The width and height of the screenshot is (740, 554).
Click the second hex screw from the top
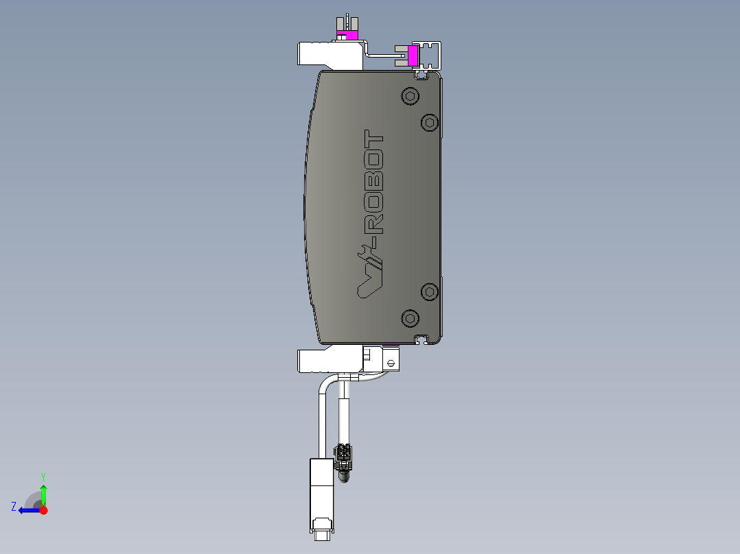pyautogui.click(x=430, y=122)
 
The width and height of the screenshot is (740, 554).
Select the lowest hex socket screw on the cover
pyautogui.click(x=410, y=317)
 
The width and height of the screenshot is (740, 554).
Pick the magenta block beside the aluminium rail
pyautogui.click(x=413, y=56)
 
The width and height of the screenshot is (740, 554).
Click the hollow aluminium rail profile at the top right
pyautogui.click(x=430, y=55)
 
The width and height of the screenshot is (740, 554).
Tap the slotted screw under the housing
pyautogui.click(x=392, y=362)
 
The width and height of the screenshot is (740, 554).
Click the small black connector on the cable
pyautogui.click(x=343, y=453)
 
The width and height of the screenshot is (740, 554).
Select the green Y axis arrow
pyautogui.click(x=43, y=492)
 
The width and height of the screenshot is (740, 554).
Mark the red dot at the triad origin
pyautogui.click(x=43, y=510)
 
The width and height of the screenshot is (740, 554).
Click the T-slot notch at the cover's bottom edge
pyautogui.click(x=422, y=339)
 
